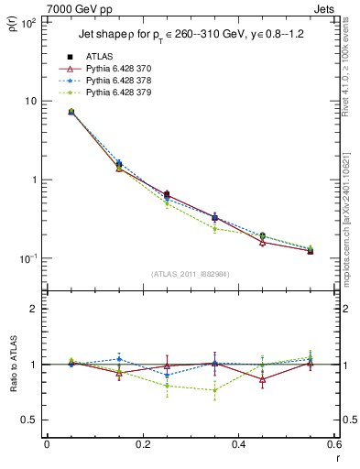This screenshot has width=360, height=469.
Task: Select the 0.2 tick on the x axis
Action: pyautogui.click(x=142, y=445)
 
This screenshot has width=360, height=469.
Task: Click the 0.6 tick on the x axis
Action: pyautogui.click(x=333, y=445)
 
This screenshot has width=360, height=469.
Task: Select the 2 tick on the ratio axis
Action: pyautogui.click(x=34, y=309)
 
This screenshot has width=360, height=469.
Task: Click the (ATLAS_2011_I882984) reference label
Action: pyautogui.click(x=190, y=274)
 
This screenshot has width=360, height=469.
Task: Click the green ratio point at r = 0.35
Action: pyautogui.click(x=214, y=390)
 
